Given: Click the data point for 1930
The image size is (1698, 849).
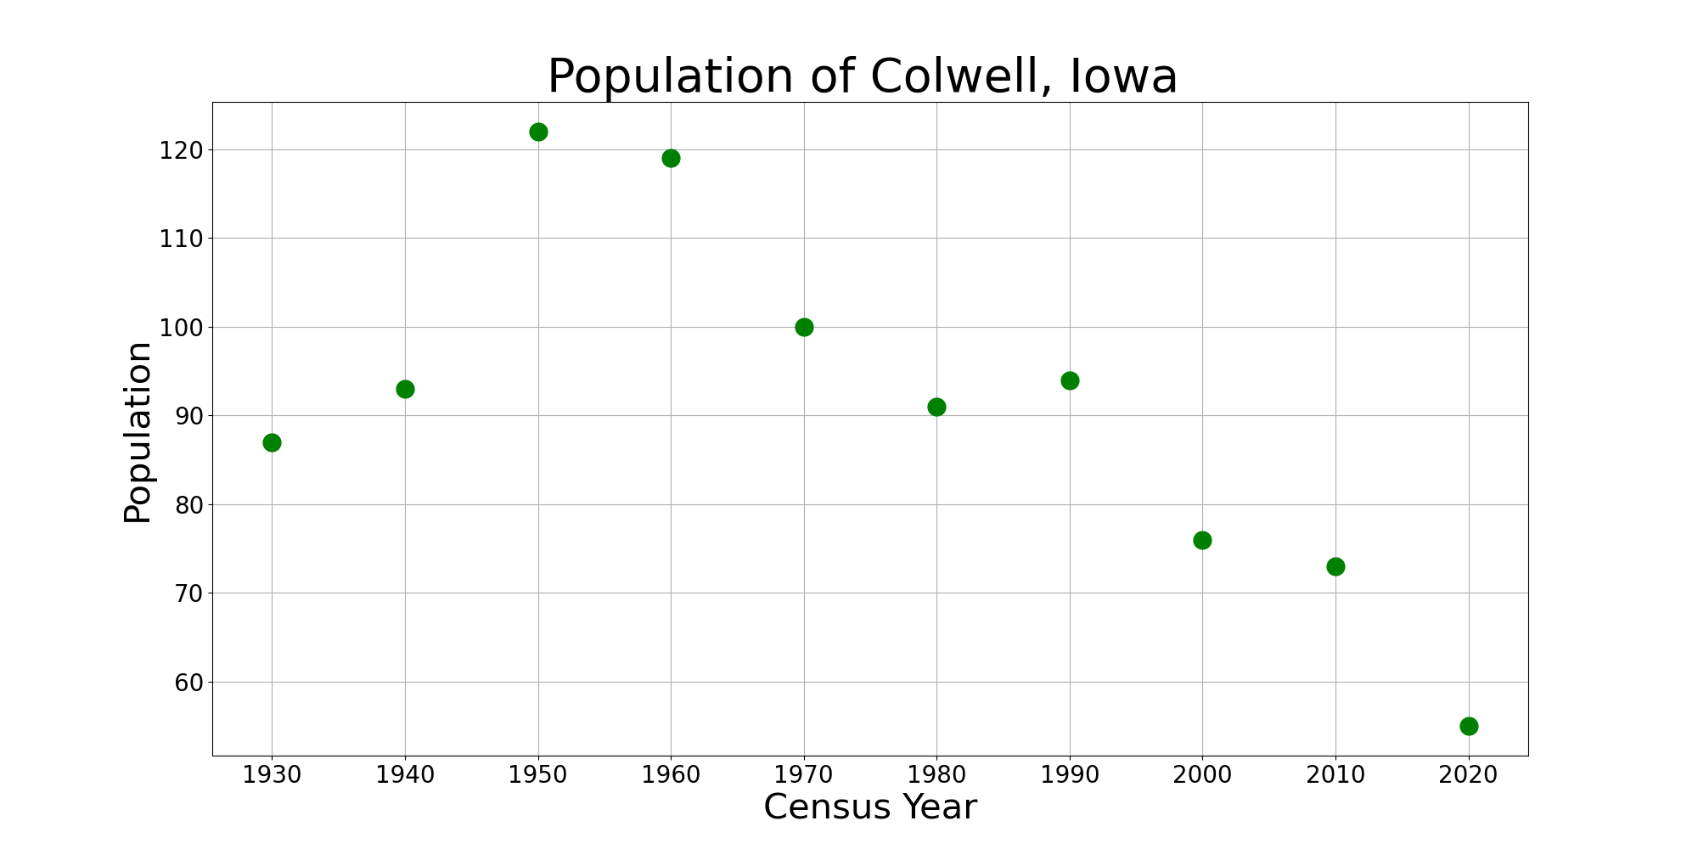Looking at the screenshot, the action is (272, 442).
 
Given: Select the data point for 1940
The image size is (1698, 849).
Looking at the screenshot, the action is (405, 389).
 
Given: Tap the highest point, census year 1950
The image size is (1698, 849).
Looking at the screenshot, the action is (538, 132).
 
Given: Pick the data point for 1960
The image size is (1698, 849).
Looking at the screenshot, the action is (671, 158).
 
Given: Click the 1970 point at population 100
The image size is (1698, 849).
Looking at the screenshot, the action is (804, 327).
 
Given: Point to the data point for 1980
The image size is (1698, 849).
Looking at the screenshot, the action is (936, 407).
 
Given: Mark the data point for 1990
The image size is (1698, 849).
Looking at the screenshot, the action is (1070, 380).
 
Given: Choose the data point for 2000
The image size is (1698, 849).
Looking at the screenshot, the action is (1202, 540).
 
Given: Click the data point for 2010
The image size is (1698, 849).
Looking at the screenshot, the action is (1335, 566).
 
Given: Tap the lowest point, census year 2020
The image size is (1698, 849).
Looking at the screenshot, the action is (1469, 726).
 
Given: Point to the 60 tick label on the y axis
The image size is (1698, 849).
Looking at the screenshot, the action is (188, 683).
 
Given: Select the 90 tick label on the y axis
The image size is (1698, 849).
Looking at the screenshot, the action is (188, 416).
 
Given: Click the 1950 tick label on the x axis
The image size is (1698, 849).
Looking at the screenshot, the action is (538, 774).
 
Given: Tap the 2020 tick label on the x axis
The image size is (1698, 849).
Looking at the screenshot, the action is (1469, 774).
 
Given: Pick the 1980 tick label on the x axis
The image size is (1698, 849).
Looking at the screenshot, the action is (936, 774).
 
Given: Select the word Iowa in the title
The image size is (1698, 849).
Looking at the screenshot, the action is (1123, 77).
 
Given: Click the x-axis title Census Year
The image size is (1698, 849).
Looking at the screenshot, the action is (870, 807).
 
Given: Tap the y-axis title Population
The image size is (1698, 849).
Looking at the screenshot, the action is (138, 432).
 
